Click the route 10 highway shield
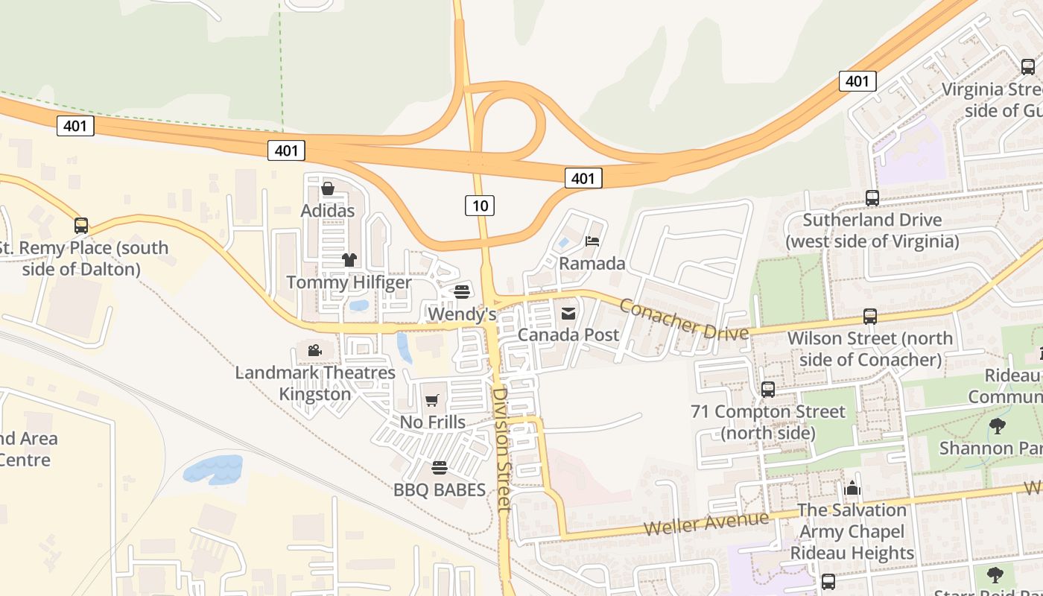point(480,205)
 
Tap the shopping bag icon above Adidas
point(327,188)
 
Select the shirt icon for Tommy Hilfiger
point(349,260)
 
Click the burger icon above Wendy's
point(462,291)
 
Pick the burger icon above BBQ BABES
point(440,468)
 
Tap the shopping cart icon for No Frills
point(432,401)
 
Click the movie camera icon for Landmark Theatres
point(315,350)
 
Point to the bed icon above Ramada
point(592,241)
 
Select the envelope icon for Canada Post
point(568,313)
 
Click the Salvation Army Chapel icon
point(852,489)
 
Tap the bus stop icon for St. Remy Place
point(81,226)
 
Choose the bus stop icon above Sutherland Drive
point(872,198)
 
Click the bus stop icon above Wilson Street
point(870,317)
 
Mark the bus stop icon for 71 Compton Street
point(768,390)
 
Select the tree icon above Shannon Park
point(998,426)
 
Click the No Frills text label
point(433,422)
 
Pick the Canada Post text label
point(568,335)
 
